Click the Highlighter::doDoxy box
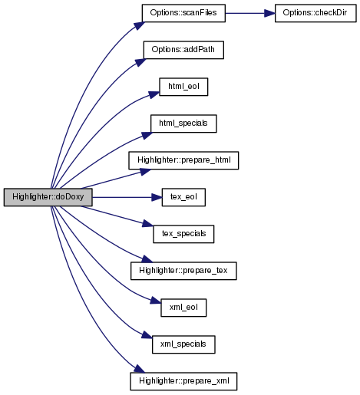tap(48, 197)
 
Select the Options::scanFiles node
tap(183, 13)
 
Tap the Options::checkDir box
tap(315, 13)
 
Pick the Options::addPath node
tap(183, 50)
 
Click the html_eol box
tap(183, 87)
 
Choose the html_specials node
tap(183, 123)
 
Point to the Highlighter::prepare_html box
tap(183, 160)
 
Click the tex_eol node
tap(183, 197)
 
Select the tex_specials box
tap(183, 234)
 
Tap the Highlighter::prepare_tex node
tap(183, 271)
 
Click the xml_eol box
tap(183, 308)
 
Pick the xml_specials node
tap(183, 344)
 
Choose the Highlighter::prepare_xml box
tap(183, 381)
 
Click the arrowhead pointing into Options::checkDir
tap(269, 13)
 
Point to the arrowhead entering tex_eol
tap(157, 197)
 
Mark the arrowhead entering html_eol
tap(154, 94)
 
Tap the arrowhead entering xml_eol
tap(156, 300)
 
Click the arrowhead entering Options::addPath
tap(140, 62)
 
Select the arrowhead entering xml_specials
tap(147, 335)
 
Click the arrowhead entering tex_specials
tap(148, 224)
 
